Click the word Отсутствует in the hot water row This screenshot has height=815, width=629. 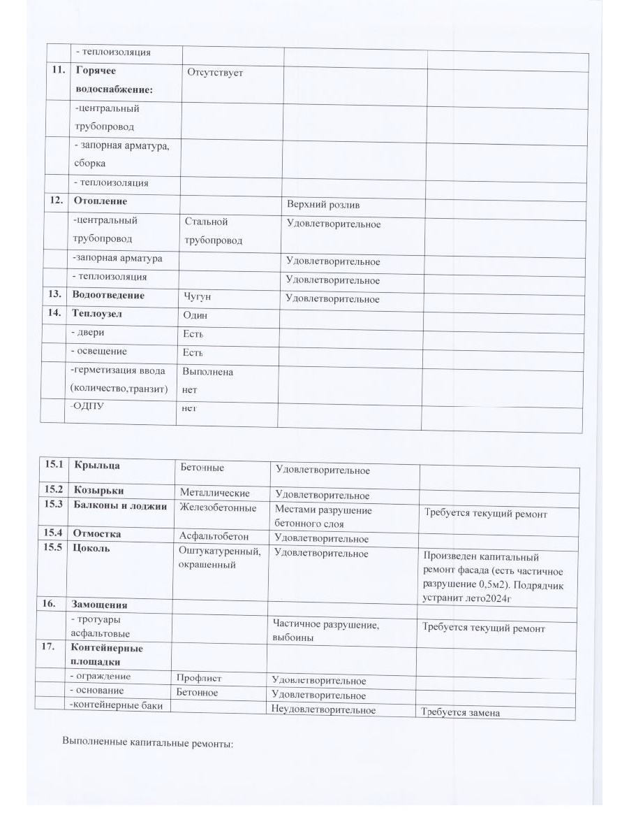click(214, 72)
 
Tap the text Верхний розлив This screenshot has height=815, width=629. click(323, 205)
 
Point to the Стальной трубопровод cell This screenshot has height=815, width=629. click(214, 231)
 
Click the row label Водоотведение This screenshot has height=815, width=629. click(108, 296)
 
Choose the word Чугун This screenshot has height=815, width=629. click(197, 297)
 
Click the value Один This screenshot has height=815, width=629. click(195, 316)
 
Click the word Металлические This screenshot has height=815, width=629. click(214, 493)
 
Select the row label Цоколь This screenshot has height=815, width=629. click(91, 548)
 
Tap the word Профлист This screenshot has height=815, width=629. click(198, 677)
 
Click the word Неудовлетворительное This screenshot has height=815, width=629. click(323, 711)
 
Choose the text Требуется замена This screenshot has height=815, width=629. click(460, 713)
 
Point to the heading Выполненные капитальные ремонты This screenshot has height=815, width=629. click(147, 743)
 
